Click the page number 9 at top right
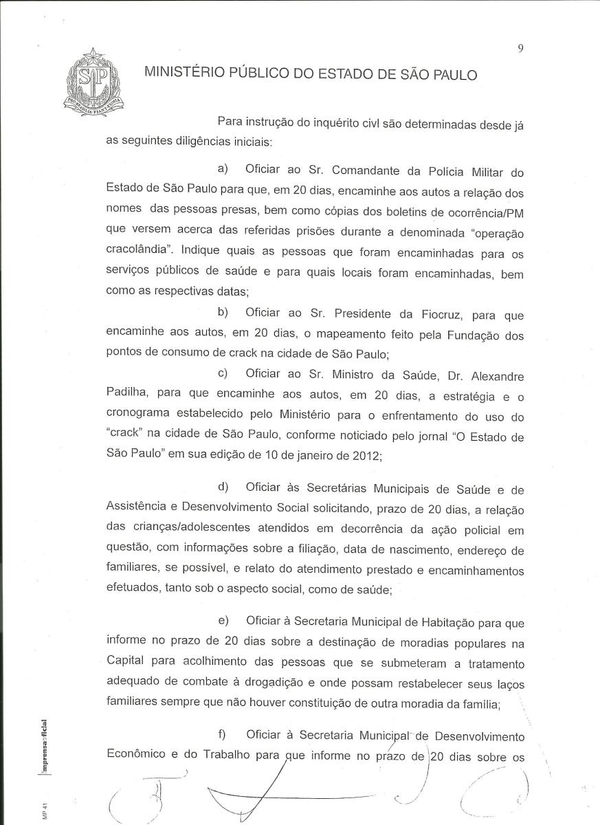click(522, 47)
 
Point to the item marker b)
click(223, 313)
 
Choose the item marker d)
click(223, 487)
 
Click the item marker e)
click(223, 621)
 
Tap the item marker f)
click(221, 735)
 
